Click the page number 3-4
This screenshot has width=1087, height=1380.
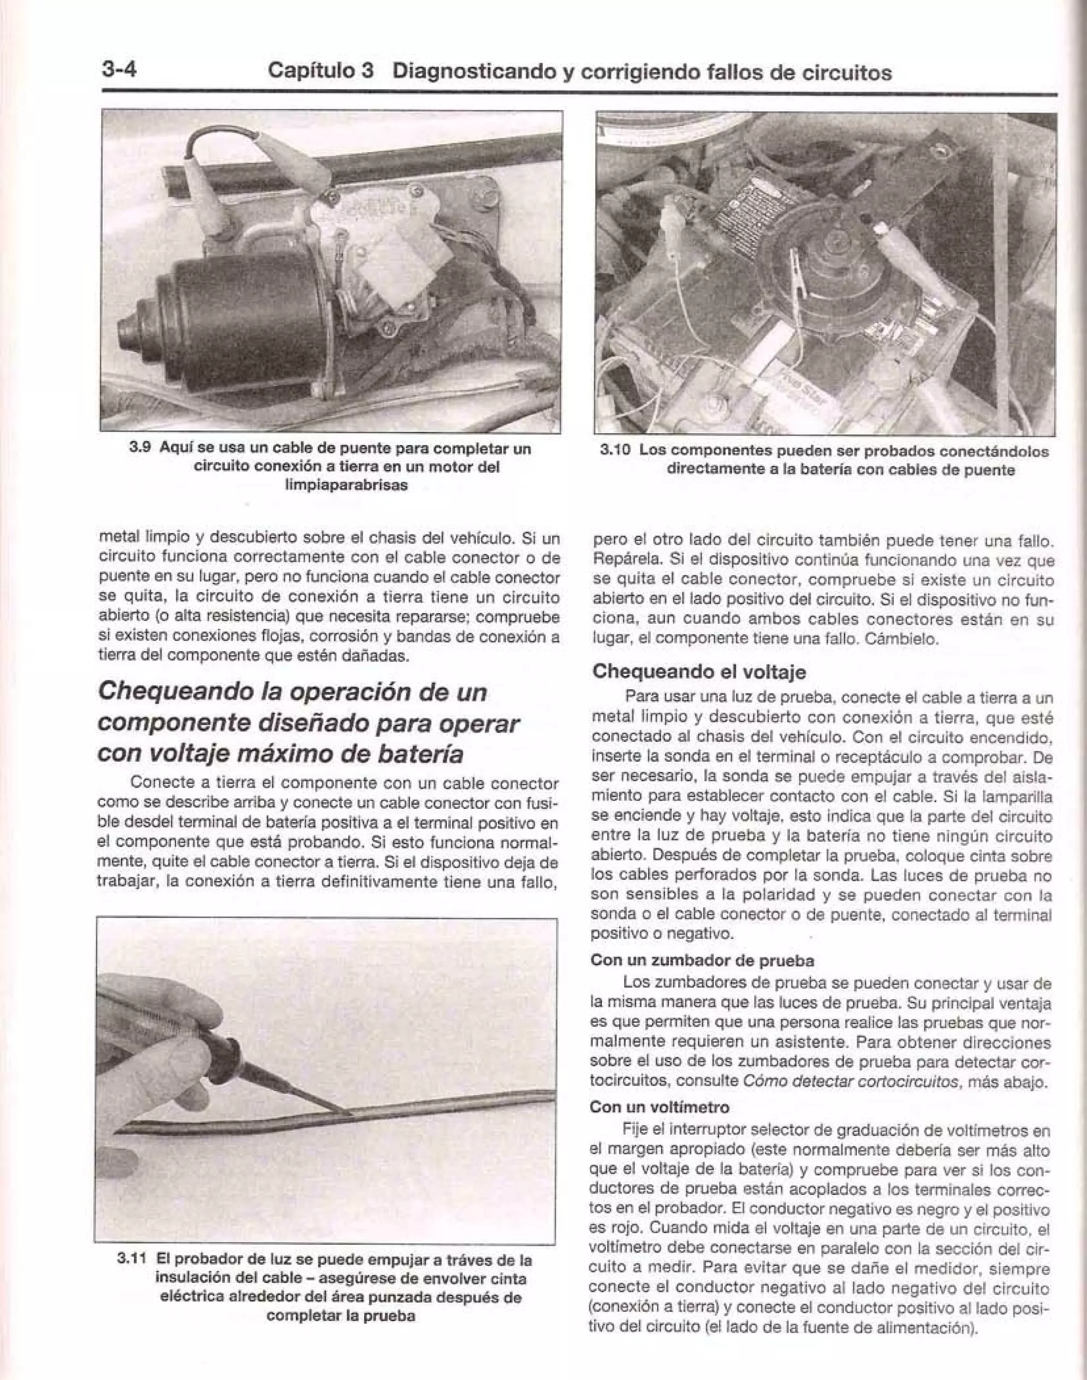119,69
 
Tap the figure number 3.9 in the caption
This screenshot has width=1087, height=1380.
140,448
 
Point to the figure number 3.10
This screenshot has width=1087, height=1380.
615,450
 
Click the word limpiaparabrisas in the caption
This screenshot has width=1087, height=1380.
346,486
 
